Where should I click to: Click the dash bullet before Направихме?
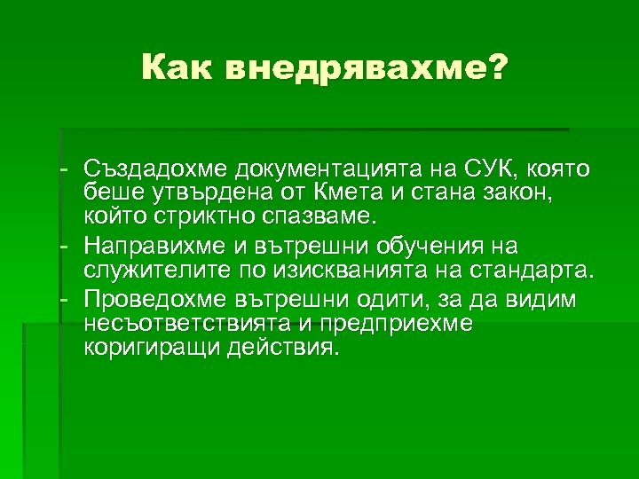point(65,243)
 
